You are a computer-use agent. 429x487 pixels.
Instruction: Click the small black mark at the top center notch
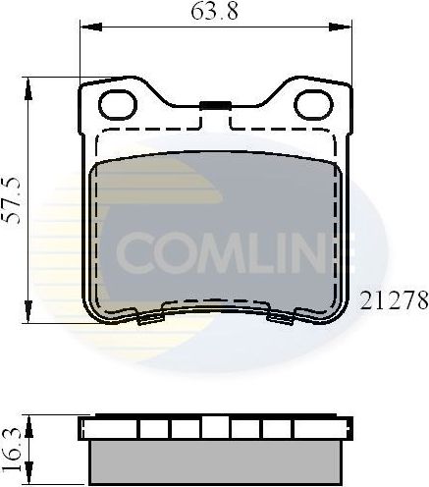(214, 104)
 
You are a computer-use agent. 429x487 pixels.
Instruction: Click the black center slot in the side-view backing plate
(214, 427)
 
